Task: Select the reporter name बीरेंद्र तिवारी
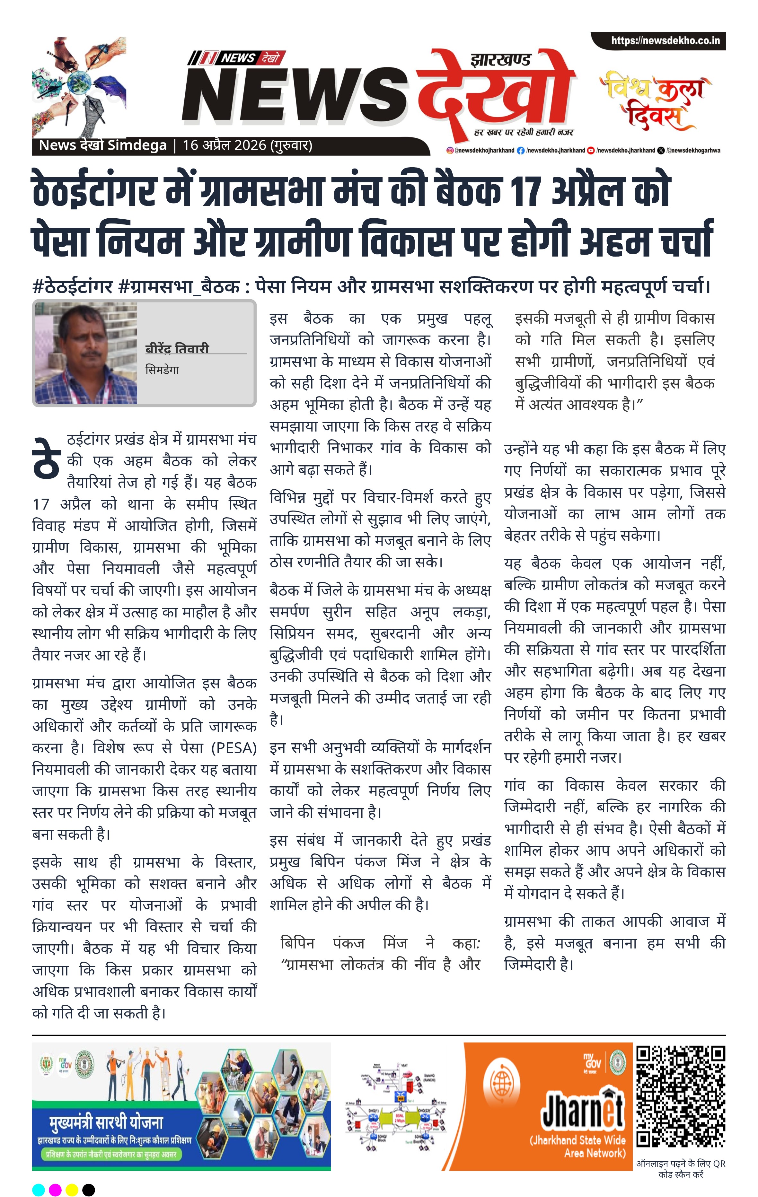(177, 348)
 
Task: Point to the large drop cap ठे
(47, 458)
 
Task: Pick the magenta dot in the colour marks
(55, 1190)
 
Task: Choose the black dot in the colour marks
(89, 1190)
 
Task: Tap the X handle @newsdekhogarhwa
(692, 150)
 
